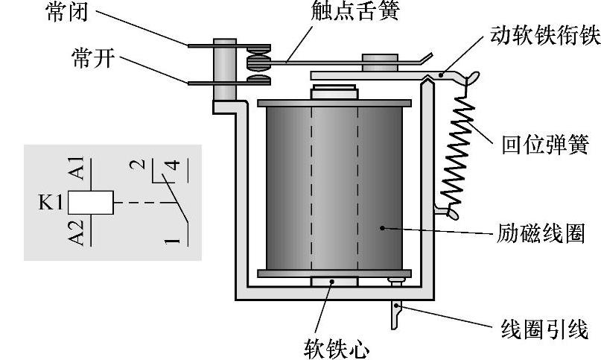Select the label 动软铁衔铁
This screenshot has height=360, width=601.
tap(544, 36)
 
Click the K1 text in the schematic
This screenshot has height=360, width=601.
tap(52, 201)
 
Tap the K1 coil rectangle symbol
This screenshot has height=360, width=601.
tap(91, 201)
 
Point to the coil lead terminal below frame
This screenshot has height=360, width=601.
tap(395, 314)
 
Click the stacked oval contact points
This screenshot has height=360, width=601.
tap(260, 64)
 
